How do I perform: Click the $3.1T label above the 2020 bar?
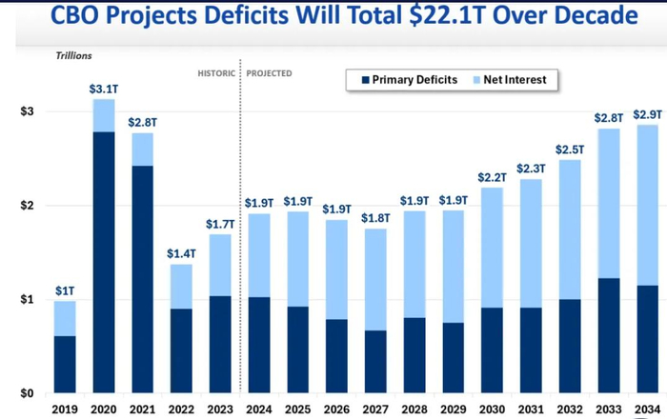click(x=103, y=90)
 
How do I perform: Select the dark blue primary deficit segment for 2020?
click(x=103, y=262)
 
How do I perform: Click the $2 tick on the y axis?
click(x=28, y=206)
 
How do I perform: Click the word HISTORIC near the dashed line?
click(x=215, y=73)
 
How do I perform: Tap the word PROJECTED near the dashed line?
click(x=269, y=73)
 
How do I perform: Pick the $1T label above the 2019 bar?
click(x=64, y=291)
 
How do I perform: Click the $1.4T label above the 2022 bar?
click(x=181, y=254)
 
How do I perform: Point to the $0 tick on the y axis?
click(x=28, y=393)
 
